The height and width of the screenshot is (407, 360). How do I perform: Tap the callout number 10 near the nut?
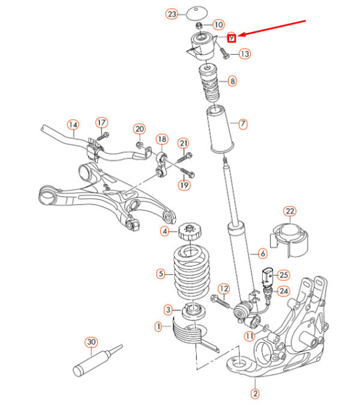(x=218, y=25)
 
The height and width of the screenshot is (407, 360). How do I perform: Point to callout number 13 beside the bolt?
(x=244, y=54)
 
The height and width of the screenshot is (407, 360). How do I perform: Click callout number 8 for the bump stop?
(x=232, y=80)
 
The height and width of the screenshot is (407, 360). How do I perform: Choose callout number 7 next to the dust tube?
(x=242, y=124)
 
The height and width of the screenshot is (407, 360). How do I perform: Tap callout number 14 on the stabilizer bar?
(x=73, y=125)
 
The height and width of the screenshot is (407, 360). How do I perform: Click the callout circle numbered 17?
(x=101, y=123)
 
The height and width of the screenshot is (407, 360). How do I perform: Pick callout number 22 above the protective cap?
(x=290, y=211)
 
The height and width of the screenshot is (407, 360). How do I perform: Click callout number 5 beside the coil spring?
(x=161, y=274)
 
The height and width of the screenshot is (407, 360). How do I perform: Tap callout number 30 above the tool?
(x=91, y=342)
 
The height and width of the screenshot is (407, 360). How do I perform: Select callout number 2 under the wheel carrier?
(x=254, y=394)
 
